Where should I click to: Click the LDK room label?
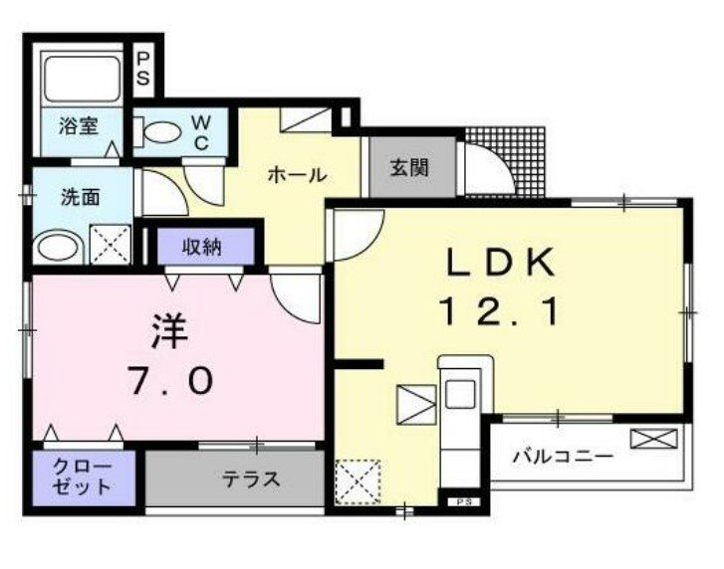500,262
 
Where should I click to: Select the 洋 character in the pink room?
170,331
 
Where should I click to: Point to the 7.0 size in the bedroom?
170,380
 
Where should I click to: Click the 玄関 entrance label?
409,168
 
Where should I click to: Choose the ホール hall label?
298,175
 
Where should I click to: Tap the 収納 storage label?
202,248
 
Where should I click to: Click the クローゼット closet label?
83,477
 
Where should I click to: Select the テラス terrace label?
251,479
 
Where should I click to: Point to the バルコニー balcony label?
563,457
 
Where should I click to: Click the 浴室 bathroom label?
79,126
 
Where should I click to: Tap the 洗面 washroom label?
81,197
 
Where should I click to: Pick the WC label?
201,132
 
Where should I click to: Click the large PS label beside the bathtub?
143,70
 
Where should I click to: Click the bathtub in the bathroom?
83,79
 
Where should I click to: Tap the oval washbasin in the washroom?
59,248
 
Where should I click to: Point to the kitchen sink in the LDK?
460,394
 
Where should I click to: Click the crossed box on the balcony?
654,438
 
